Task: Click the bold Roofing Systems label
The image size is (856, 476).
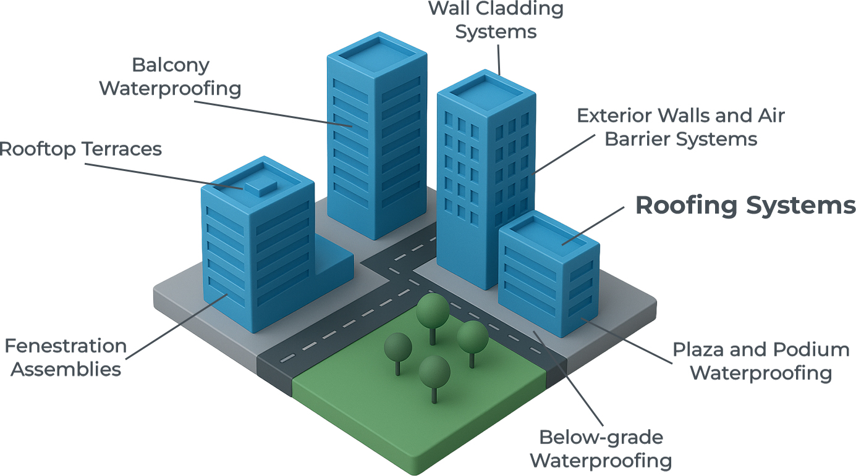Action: (x=745, y=206)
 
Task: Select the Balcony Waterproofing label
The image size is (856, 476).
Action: (x=171, y=77)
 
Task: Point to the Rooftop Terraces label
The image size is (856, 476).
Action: (x=80, y=149)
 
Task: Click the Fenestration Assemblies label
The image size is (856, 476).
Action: (x=66, y=357)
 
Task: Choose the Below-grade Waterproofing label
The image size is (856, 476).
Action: (x=600, y=449)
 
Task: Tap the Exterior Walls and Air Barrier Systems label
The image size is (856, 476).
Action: (x=680, y=127)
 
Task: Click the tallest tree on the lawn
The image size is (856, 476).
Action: (x=432, y=312)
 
